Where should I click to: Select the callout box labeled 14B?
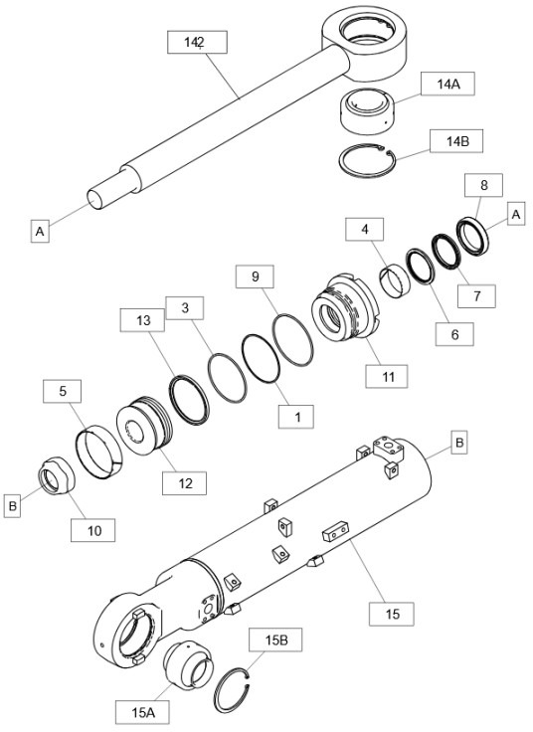click(x=456, y=141)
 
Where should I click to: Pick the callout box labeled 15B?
click(x=276, y=640)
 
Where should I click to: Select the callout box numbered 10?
click(x=93, y=530)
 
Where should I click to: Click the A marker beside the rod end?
click(x=40, y=231)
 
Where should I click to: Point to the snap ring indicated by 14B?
click(x=365, y=159)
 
